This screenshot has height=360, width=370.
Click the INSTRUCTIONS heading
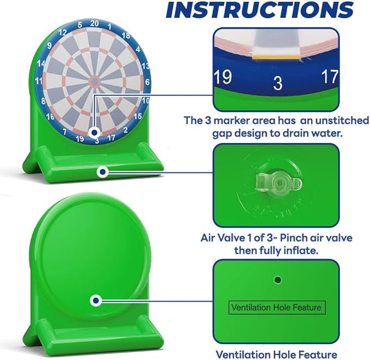259,9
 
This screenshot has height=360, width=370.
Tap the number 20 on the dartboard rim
94,23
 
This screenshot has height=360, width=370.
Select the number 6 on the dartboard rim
148,82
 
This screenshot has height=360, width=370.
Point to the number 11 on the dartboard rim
39,81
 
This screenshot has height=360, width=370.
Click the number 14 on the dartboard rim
41,63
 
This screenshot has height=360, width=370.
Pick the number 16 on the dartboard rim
50,117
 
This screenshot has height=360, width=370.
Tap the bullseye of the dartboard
95,81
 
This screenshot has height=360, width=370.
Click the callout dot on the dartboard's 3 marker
95,133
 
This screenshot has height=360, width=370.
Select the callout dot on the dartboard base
102,172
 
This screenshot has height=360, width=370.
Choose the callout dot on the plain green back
96,301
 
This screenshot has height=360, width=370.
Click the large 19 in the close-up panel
223,77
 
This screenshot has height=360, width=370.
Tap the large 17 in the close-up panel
330,76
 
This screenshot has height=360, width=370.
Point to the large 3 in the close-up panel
278,83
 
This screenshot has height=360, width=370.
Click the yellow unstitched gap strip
277,57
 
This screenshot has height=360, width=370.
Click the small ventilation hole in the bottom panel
278,280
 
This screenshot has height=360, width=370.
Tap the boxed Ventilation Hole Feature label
277,308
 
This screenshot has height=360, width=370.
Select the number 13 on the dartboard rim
145,66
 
